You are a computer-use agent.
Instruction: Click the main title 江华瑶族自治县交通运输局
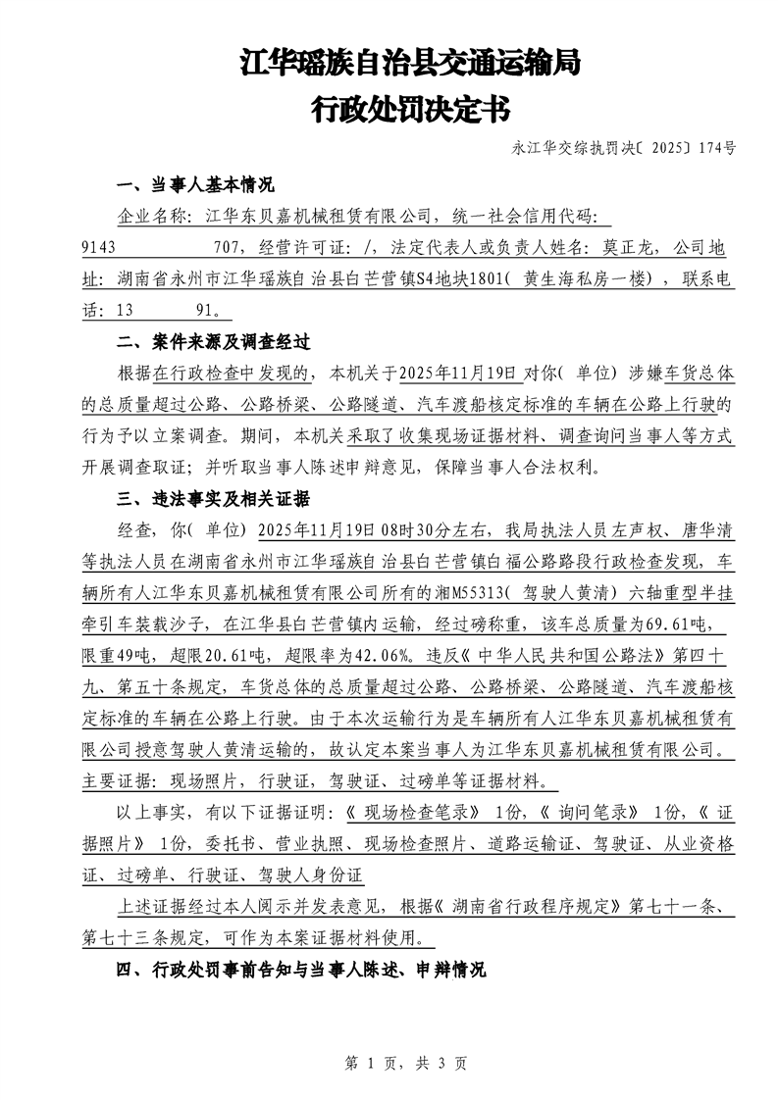(x=410, y=65)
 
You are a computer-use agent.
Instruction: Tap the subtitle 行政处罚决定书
(x=410, y=108)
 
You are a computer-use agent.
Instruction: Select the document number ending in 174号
(x=624, y=149)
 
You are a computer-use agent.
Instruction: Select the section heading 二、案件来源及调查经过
(x=213, y=342)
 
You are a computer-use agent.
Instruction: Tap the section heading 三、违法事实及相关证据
(x=213, y=499)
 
